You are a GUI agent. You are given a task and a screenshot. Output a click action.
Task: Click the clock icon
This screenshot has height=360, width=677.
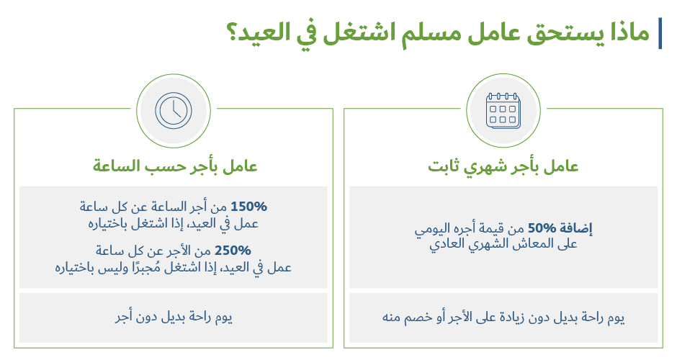[174, 110]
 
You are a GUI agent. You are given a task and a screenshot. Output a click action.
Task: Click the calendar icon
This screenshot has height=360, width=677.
[503, 111]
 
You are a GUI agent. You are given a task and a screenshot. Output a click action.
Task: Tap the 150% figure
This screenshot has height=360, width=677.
[248, 207]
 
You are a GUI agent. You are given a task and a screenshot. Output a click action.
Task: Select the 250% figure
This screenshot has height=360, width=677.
[233, 251]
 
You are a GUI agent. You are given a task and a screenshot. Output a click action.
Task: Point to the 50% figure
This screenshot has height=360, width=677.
[542, 228]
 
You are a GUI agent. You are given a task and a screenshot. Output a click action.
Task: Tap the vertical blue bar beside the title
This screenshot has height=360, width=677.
[660, 34]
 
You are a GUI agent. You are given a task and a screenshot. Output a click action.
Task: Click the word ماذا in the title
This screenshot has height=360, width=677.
[630, 33]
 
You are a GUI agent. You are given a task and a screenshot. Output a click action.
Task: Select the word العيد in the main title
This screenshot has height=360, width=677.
[264, 33]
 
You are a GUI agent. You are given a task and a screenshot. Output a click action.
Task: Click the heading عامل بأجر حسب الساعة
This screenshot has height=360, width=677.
[175, 166]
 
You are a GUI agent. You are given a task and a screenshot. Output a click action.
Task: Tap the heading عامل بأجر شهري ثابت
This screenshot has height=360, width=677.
[503, 166]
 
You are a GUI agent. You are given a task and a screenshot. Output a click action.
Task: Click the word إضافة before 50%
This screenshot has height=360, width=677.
[576, 228]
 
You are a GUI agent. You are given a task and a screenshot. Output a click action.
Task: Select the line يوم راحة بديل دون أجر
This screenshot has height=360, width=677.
[174, 318]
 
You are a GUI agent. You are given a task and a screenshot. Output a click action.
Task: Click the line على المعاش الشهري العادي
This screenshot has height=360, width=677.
[503, 245]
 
